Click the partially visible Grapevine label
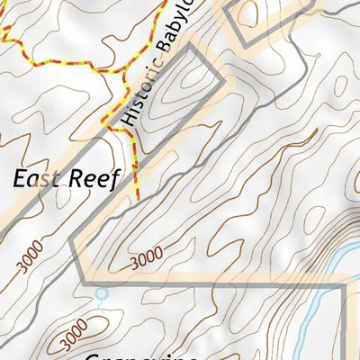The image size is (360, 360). (x=144, y=354)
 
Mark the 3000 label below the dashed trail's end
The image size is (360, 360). (x=147, y=258)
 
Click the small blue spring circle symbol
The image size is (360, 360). (x=101, y=293)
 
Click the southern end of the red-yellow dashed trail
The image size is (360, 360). (x=138, y=196)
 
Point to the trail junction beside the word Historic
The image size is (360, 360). (x=115, y=129)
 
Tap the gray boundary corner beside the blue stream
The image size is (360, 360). (x=345, y=286)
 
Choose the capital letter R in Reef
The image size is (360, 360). (x=76, y=178)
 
